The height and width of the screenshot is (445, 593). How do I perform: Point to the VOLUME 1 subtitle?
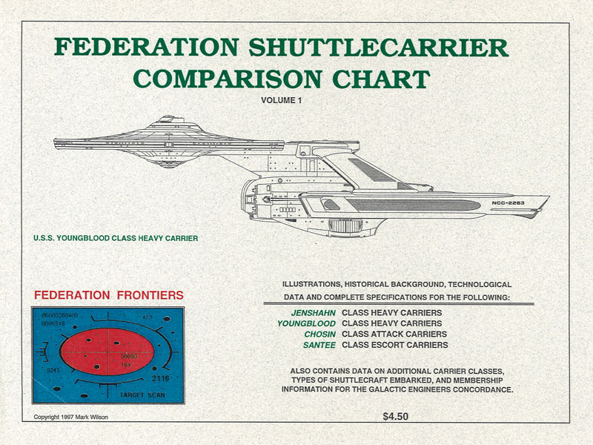coord(282,99)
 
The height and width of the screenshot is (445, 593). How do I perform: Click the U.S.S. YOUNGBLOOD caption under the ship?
coord(115,239)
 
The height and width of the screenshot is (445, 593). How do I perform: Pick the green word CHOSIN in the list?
coord(319,334)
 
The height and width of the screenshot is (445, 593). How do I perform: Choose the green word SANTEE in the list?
coord(319,345)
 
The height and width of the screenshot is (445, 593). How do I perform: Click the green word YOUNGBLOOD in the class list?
coord(306,323)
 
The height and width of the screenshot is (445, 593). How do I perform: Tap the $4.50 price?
coord(395,417)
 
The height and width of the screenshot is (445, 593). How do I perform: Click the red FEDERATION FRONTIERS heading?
coord(109,295)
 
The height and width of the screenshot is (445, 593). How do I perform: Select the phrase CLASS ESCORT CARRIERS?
coord(394,345)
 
